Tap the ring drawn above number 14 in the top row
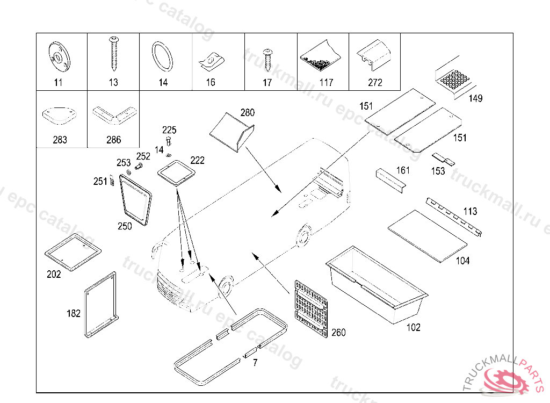click(x=162, y=56)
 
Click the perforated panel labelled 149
click(x=455, y=79)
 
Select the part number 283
click(x=60, y=140)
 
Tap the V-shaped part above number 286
click(x=113, y=114)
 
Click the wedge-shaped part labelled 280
click(x=231, y=132)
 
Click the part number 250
click(x=125, y=226)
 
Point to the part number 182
click(x=74, y=313)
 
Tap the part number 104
click(x=462, y=261)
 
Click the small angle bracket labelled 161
click(x=390, y=179)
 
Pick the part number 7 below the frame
click(x=255, y=363)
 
